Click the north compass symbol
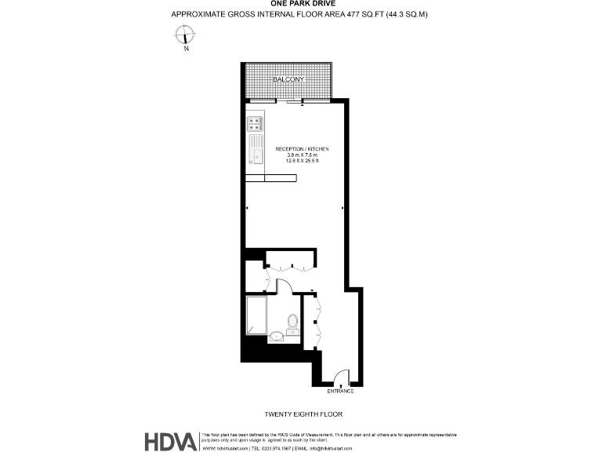[x=186, y=35]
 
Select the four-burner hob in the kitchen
[x=255, y=123]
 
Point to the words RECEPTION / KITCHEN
[x=302, y=149]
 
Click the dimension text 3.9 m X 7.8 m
[x=302, y=155]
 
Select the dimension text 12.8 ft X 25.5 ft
[x=302, y=162]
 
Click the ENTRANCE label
[x=340, y=391]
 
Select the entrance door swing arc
[x=338, y=376]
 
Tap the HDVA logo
[x=170, y=442]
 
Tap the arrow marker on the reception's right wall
[x=343, y=208]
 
